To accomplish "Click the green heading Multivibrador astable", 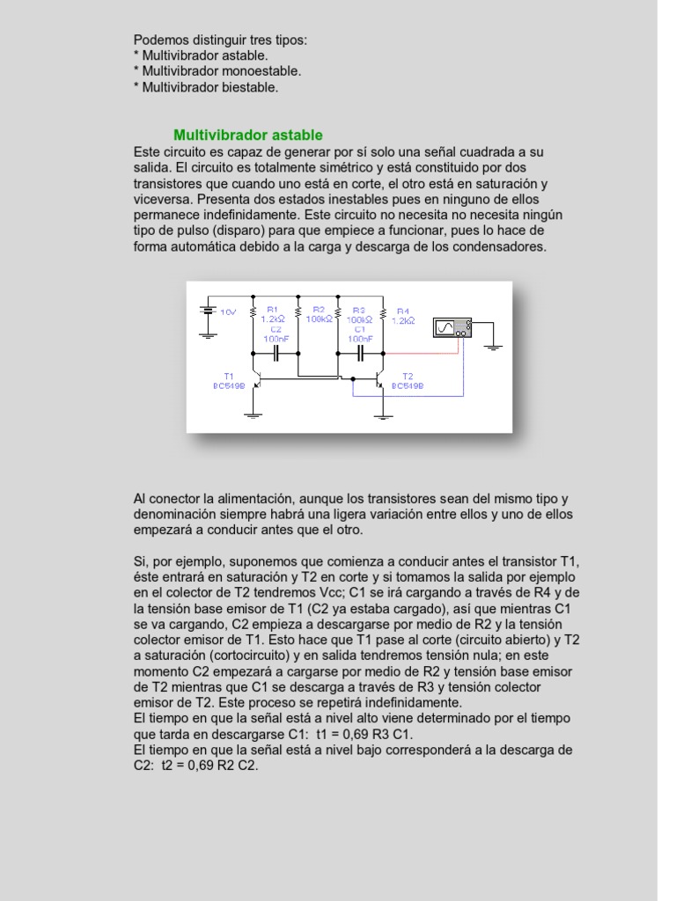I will (247, 136).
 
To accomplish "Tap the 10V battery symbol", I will (208, 311).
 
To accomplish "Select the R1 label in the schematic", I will (272, 310).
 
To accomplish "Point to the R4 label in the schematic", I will (402, 311).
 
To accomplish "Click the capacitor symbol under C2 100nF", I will (276, 354).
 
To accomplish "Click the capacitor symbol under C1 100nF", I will (360, 354).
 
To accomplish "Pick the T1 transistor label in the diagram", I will (229, 376).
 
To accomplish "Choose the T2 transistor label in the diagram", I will (407, 376).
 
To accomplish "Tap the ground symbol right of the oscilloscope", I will (494, 344).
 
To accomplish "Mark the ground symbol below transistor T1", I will (254, 411).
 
